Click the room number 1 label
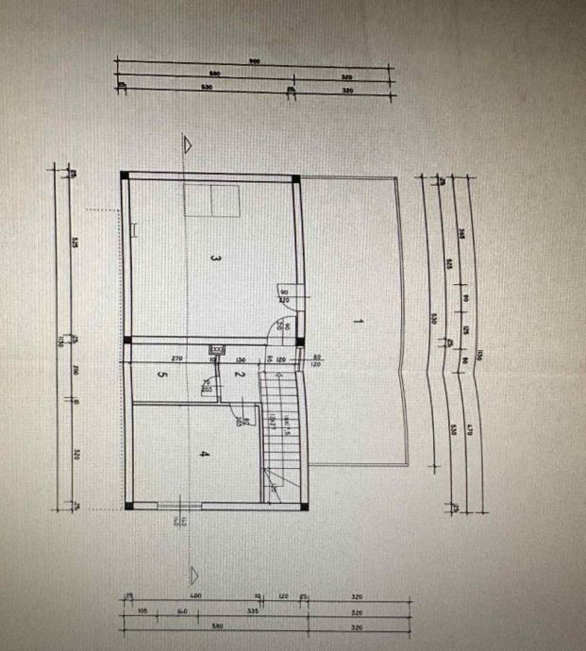[359, 322]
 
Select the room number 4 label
[203, 455]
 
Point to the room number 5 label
[162, 376]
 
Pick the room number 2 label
[239, 376]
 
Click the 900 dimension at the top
[254, 61]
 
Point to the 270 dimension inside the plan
[176, 359]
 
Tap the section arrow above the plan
[190, 144]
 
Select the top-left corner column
[124, 175]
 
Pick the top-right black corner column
[296, 177]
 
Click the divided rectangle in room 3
[212, 201]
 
